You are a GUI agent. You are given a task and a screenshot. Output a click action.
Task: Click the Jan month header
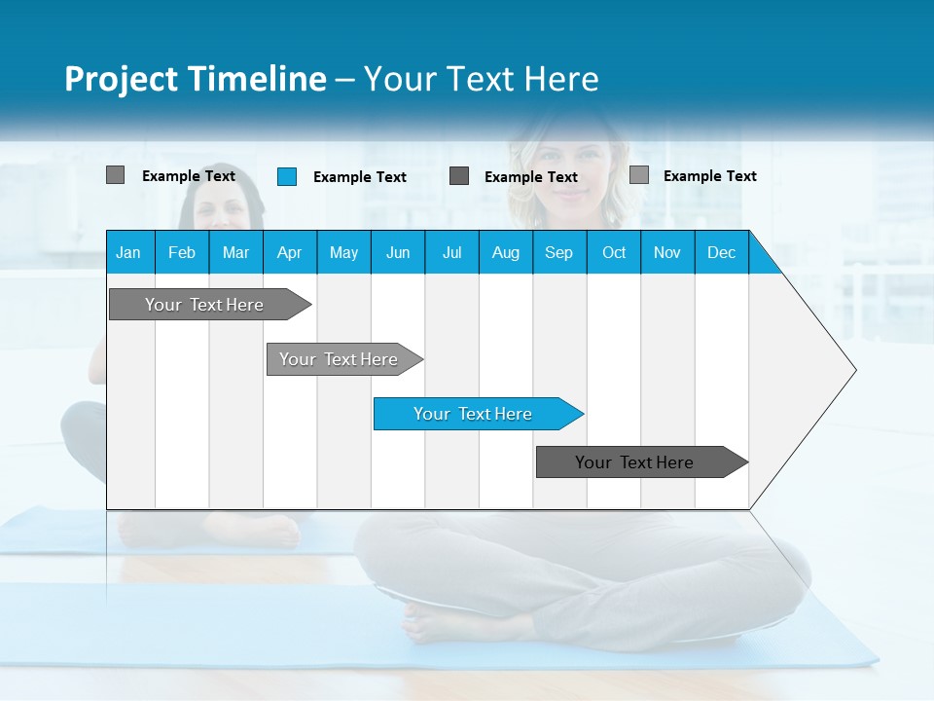[x=128, y=252]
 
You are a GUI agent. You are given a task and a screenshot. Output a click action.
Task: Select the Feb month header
[x=182, y=252]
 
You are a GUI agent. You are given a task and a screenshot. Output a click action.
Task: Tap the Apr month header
[x=290, y=252]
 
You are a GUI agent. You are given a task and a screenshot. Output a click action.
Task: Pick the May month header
[x=343, y=252]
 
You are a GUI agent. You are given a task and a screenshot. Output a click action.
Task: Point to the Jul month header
[x=451, y=252]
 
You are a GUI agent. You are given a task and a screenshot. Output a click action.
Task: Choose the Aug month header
[x=506, y=252]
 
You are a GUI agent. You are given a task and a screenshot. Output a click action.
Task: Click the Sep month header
[x=559, y=252]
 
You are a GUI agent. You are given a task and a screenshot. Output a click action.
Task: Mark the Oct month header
[x=614, y=252]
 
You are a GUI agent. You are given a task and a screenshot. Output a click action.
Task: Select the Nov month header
[x=667, y=252]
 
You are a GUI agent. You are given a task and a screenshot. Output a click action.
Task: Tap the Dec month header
[x=722, y=252]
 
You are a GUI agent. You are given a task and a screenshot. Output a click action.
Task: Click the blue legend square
[x=286, y=176]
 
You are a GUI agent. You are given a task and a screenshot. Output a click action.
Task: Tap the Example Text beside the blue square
[x=360, y=177]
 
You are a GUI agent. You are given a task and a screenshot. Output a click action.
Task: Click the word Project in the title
[x=122, y=79]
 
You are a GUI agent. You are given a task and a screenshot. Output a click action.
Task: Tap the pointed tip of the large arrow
[x=852, y=370]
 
